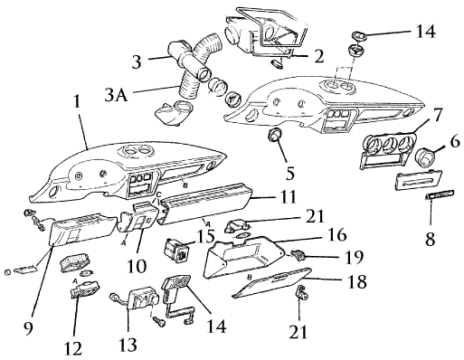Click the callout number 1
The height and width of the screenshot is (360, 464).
tap(78, 101)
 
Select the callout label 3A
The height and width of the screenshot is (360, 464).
tap(116, 94)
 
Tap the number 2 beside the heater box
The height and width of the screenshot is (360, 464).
tap(318, 56)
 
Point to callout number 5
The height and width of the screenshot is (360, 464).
tap(289, 173)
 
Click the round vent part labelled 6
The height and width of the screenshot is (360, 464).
tap(425, 157)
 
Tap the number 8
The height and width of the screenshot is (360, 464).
tap(431, 239)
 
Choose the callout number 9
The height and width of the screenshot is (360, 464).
tap(28, 328)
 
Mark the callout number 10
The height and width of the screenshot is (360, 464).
tap(137, 265)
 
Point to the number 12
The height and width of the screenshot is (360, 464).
tap(73, 348)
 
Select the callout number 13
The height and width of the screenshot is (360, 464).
tap(128, 344)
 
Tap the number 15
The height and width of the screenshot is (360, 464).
tap(205, 236)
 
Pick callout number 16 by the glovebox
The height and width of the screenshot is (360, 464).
tap(337, 235)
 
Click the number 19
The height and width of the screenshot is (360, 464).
tap(353, 257)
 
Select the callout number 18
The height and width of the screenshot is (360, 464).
tap(356, 281)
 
